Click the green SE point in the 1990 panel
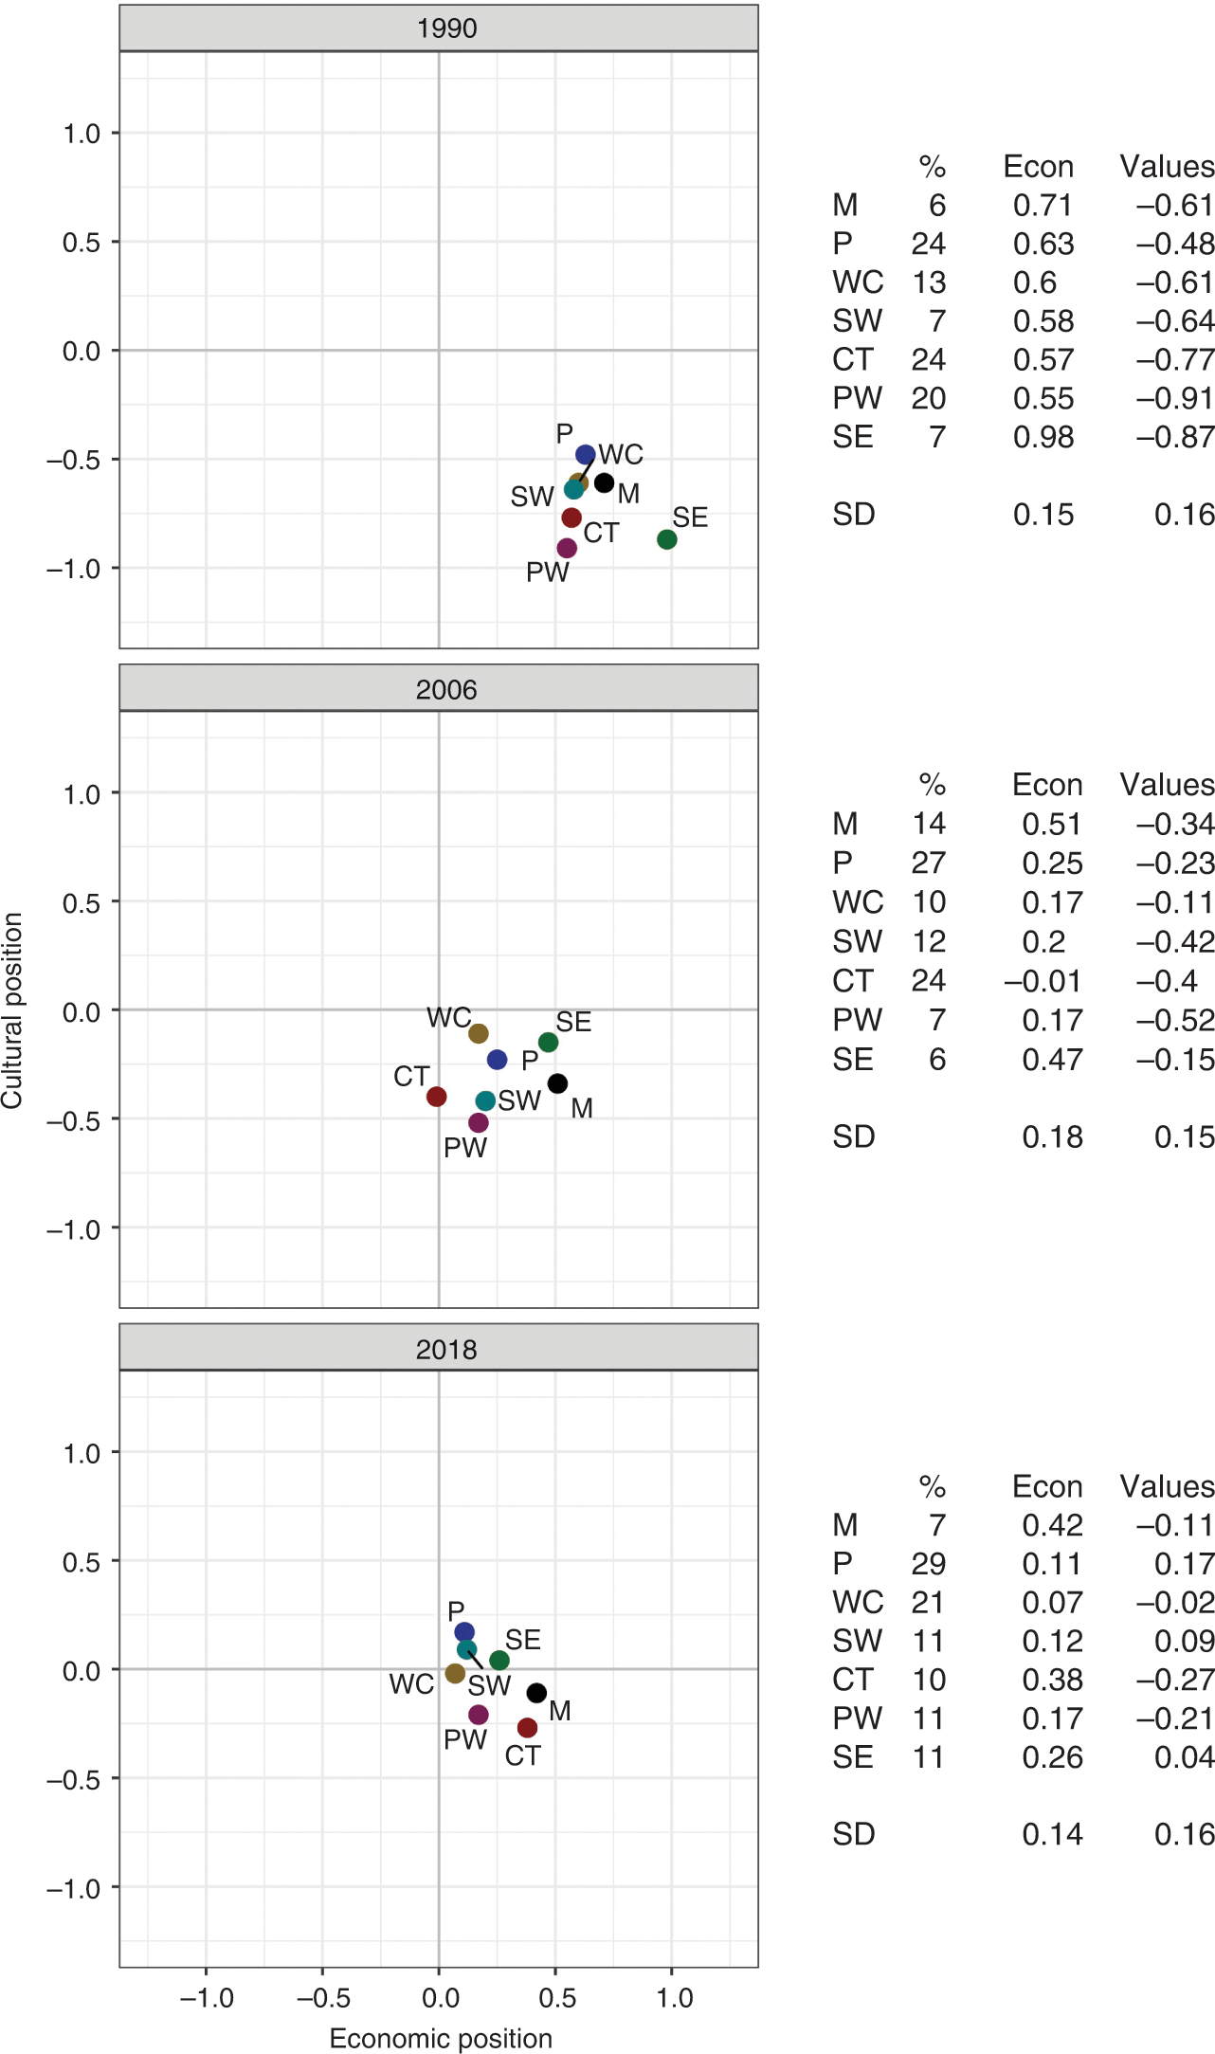pos(667,539)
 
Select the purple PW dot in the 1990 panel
pos(567,548)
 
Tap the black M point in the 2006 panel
pos(557,1083)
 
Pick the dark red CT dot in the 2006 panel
pos(436,1097)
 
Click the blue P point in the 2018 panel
pos(464,1632)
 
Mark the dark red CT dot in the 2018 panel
pos(527,1728)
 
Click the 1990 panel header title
pos(446,28)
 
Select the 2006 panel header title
pos(446,690)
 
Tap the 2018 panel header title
pos(446,1350)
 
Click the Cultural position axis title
pos(12,1010)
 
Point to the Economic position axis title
pos(441,2039)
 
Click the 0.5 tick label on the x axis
pos(557,1998)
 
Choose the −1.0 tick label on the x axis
pos(207,1998)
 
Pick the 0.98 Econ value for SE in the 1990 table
pos(1043,437)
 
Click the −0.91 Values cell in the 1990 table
pos(1175,398)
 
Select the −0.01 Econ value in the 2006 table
pos(1043,981)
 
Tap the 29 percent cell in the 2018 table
pos(929,1564)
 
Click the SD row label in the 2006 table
pos(854,1136)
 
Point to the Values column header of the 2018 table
pos(1167,1486)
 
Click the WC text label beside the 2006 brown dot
pos(449,1017)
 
